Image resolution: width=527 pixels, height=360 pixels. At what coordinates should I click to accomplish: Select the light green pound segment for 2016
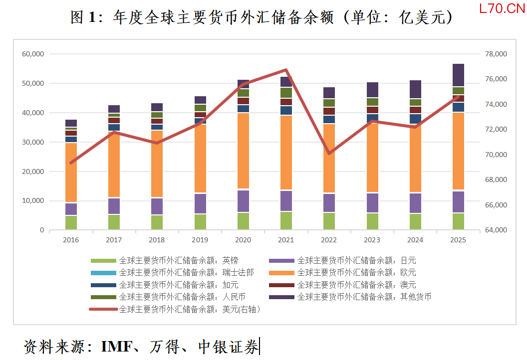click(x=71, y=222)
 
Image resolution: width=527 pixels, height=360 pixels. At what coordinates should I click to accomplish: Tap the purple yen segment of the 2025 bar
click(x=458, y=201)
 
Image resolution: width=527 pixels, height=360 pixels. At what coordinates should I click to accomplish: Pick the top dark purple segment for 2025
click(x=458, y=75)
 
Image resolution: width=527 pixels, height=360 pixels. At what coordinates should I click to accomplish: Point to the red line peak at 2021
click(x=286, y=70)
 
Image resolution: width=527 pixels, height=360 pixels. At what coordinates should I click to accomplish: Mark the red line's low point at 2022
click(x=329, y=153)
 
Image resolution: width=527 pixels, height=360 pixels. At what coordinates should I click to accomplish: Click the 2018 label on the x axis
click(x=157, y=240)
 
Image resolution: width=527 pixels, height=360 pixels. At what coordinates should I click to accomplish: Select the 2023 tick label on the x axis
click(x=372, y=240)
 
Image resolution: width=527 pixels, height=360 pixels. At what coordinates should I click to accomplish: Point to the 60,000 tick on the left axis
click(x=33, y=54)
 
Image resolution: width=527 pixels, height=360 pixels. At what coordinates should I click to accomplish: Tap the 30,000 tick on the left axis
click(x=33, y=142)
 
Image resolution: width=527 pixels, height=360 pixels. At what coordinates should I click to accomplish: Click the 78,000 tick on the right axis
click(x=496, y=54)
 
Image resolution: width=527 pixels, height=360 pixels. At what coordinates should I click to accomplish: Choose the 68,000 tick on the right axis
click(x=496, y=180)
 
